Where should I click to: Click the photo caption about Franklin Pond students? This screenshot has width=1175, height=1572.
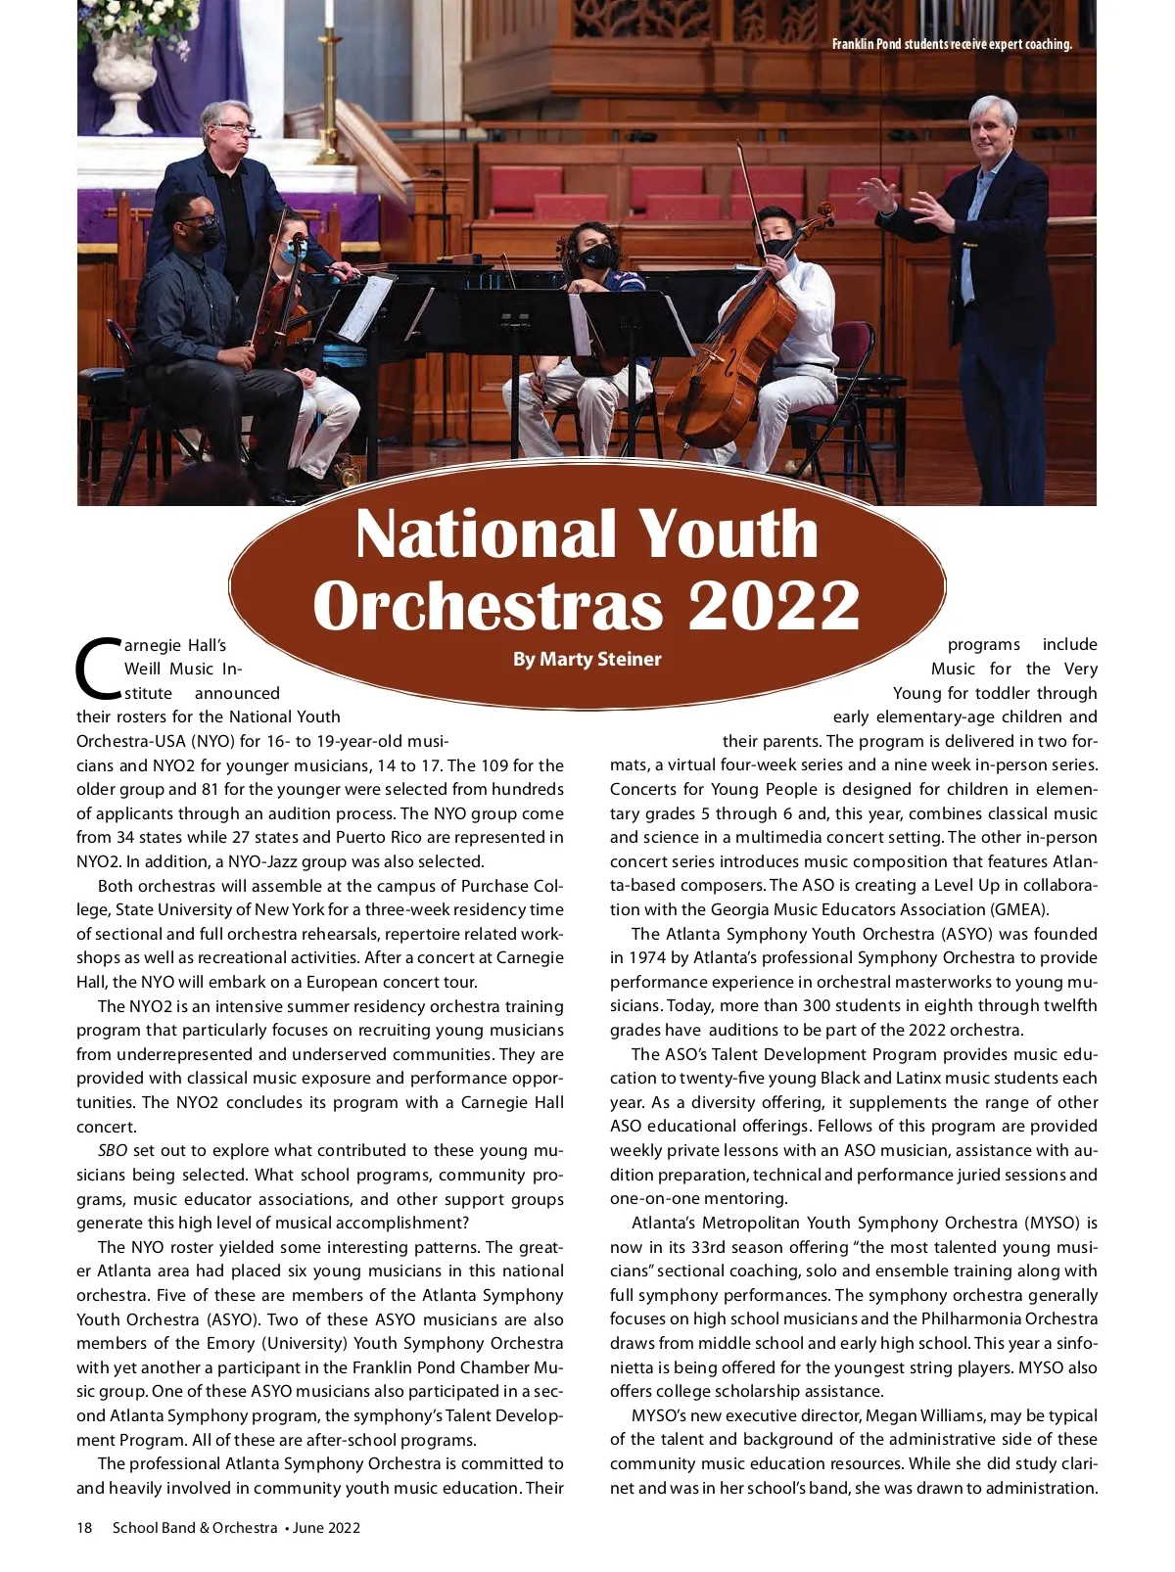[x=951, y=44]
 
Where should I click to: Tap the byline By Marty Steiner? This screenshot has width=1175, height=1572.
[x=587, y=659]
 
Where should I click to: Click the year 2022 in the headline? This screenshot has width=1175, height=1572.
[x=774, y=606]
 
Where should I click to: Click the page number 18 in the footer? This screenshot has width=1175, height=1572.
[x=84, y=1527]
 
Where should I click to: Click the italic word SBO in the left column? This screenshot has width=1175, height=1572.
[x=113, y=1150]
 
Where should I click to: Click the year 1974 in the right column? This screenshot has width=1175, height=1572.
[x=647, y=957]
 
